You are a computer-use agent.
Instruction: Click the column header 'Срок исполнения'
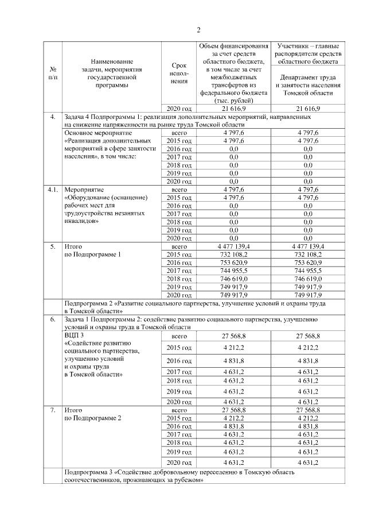179,73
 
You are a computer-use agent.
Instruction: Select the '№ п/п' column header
53,72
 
